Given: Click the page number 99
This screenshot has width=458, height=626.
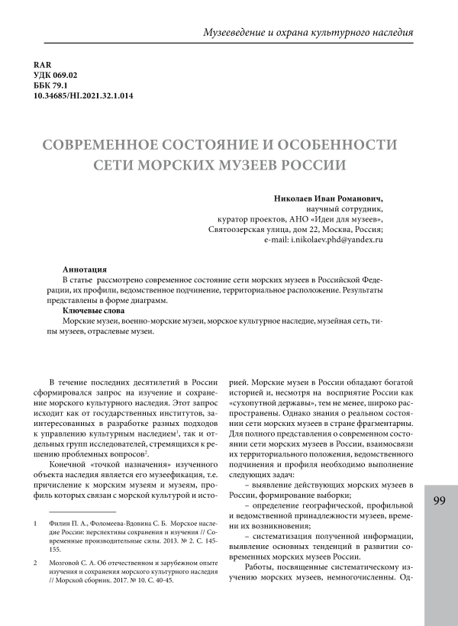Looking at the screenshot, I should tap(438, 501).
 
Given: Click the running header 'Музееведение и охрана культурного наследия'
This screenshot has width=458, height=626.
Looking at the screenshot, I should tap(308, 34).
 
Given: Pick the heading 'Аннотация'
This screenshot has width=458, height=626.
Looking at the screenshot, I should tap(85, 270).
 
